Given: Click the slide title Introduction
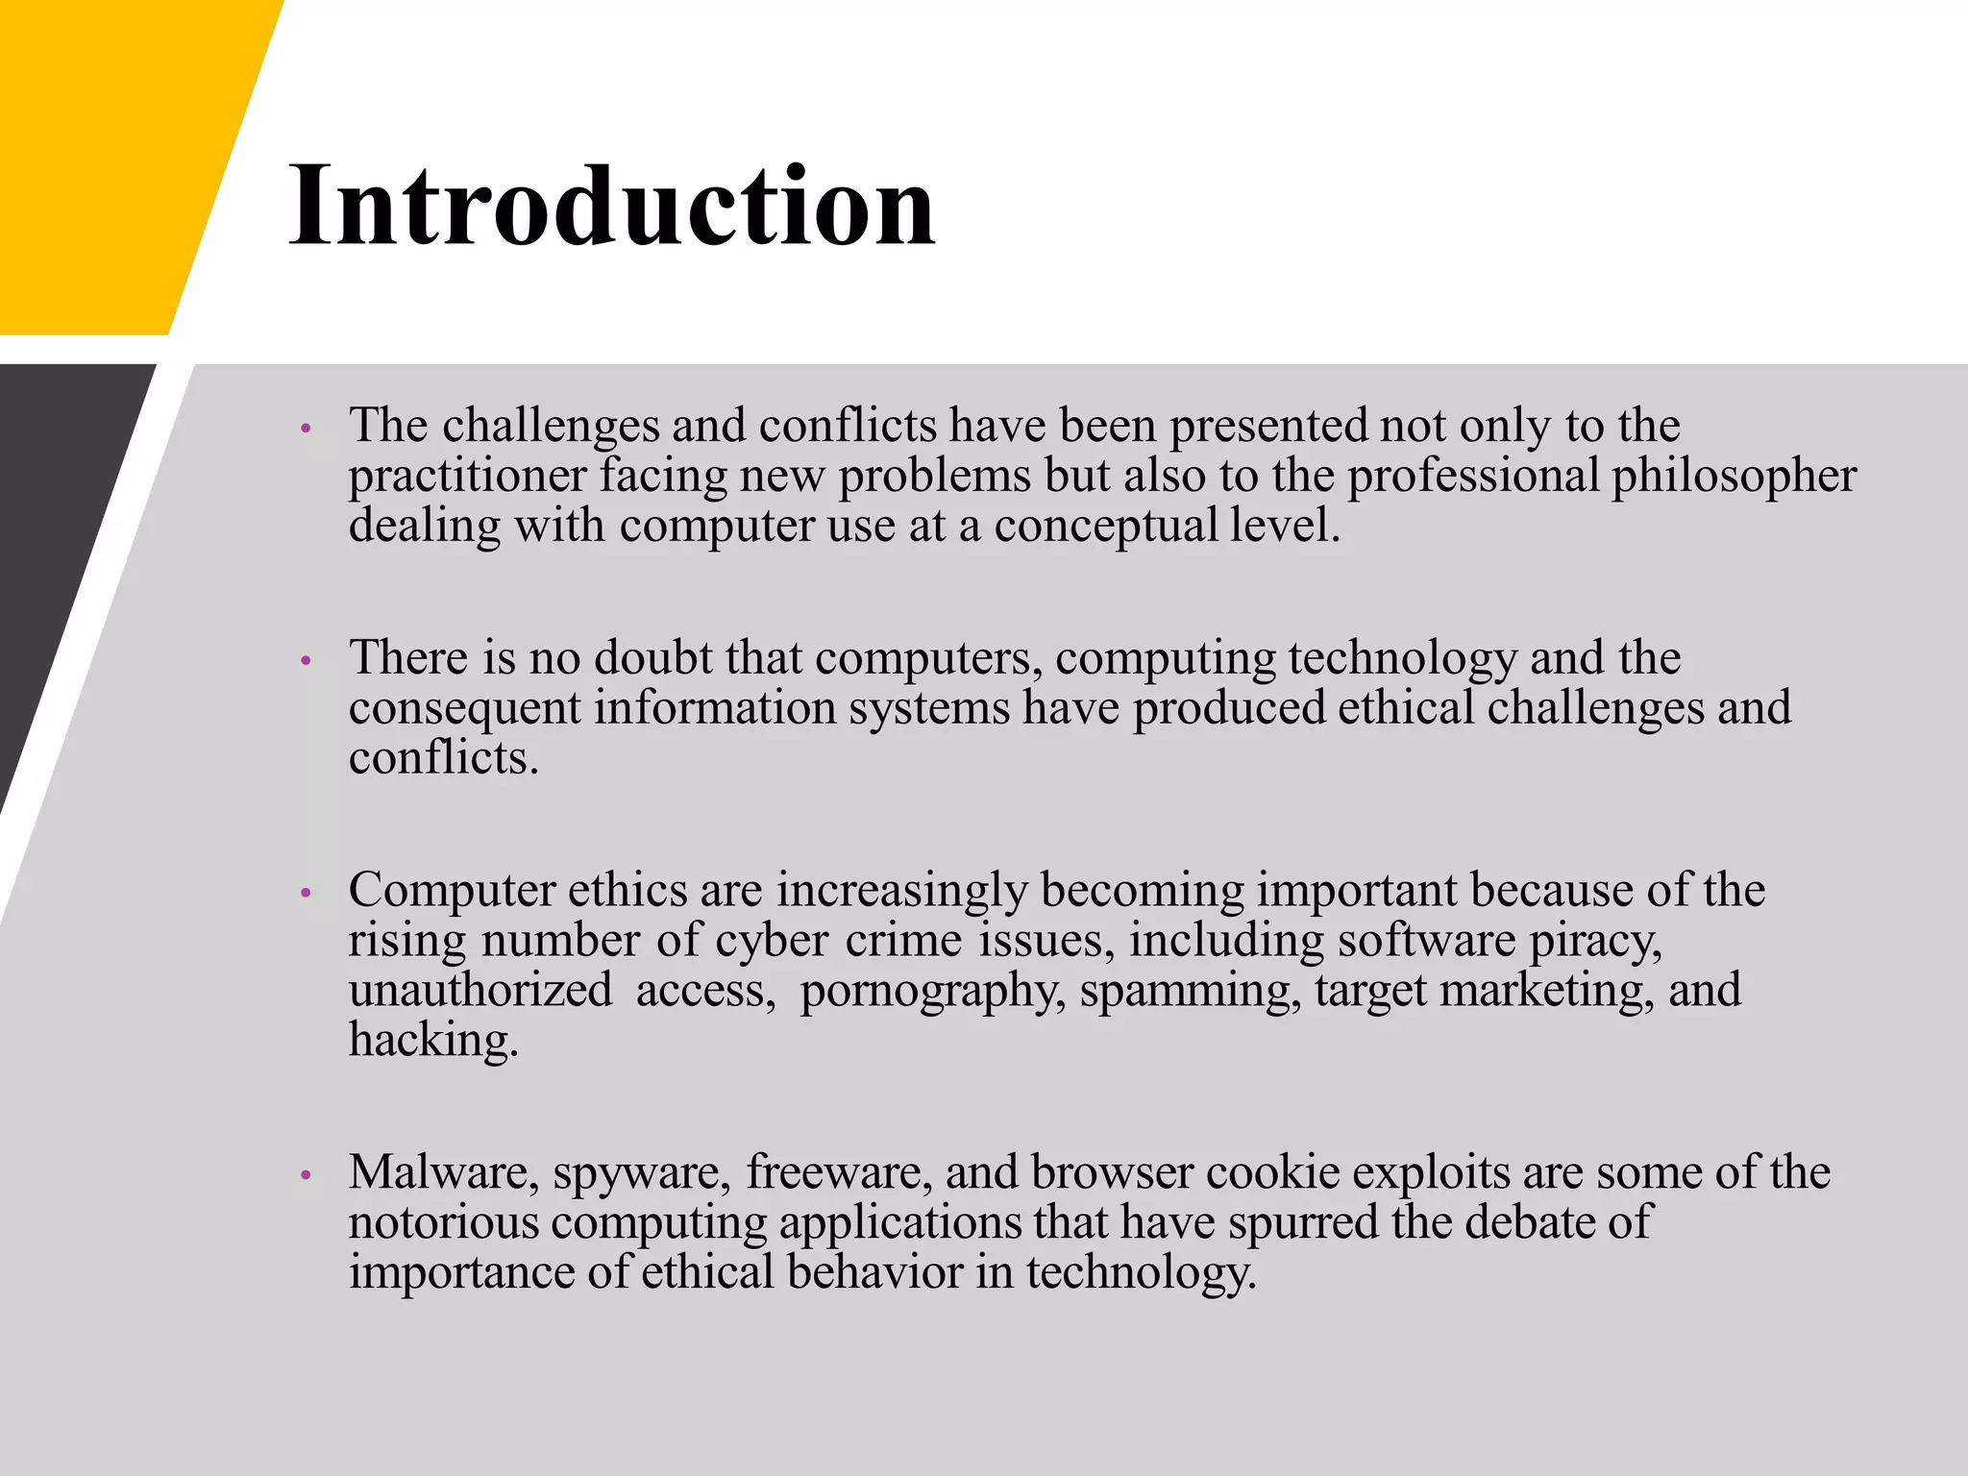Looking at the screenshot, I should [612, 206].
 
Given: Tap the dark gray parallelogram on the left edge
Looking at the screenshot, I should [58, 538].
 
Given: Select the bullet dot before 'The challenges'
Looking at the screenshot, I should [306, 429].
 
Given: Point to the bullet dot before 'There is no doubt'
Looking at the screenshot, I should [306, 661].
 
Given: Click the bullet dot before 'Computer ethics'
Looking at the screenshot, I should [306, 894].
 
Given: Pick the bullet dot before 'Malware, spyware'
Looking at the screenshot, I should [306, 1175].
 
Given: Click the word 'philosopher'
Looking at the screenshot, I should [1734, 477].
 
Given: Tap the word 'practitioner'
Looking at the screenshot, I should [467, 477].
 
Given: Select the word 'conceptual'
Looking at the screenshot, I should [1105, 527].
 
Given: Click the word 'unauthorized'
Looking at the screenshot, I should [480, 991].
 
